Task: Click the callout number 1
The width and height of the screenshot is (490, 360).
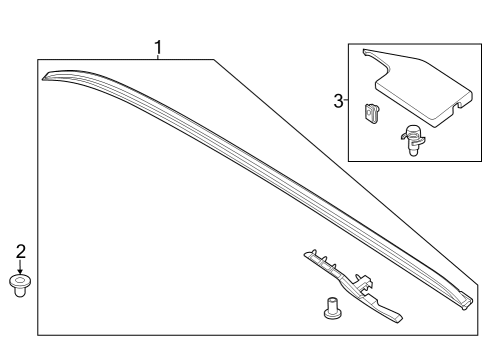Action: (x=157, y=47)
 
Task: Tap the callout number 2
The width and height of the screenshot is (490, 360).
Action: (x=19, y=251)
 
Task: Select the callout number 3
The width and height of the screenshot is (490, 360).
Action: (x=338, y=100)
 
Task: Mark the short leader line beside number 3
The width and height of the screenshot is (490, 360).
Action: (x=345, y=100)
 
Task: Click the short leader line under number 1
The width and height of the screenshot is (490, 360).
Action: (x=157, y=57)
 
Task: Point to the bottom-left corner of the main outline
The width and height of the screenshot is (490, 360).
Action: (x=38, y=333)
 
